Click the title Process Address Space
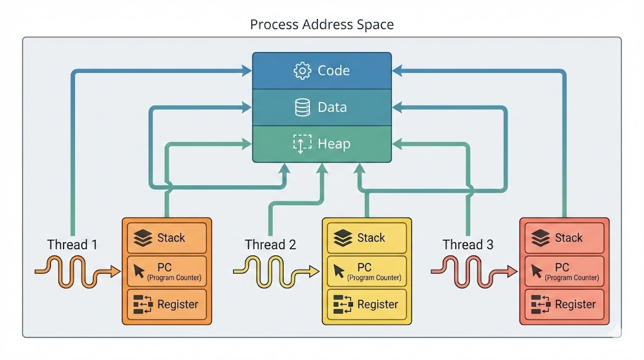[x=322, y=25]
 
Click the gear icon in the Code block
[x=303, y=70]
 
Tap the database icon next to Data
[x=303, y=107]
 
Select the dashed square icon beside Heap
[x=303, y=144]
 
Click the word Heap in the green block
[x=334, y=144]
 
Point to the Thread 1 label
[x=72, y=245]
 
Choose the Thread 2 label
[x=270, y=245]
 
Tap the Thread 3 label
[x=468, y=245]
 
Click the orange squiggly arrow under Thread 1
[x=77, y=271]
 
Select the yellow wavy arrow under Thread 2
[x=276, y=271]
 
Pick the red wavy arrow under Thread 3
[x=474, y=271]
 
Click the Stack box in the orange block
[x=167, y=238]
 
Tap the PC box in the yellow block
[x=367, y=271]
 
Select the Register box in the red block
[x=564, y=305]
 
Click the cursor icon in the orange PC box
[x=139, y=271]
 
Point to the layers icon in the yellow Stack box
[x=343, y=238]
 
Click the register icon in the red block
[x=540, y=305]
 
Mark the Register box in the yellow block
[x=367, y=305]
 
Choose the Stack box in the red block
[x=564, y=238]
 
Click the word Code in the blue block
[x=333, y=70]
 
